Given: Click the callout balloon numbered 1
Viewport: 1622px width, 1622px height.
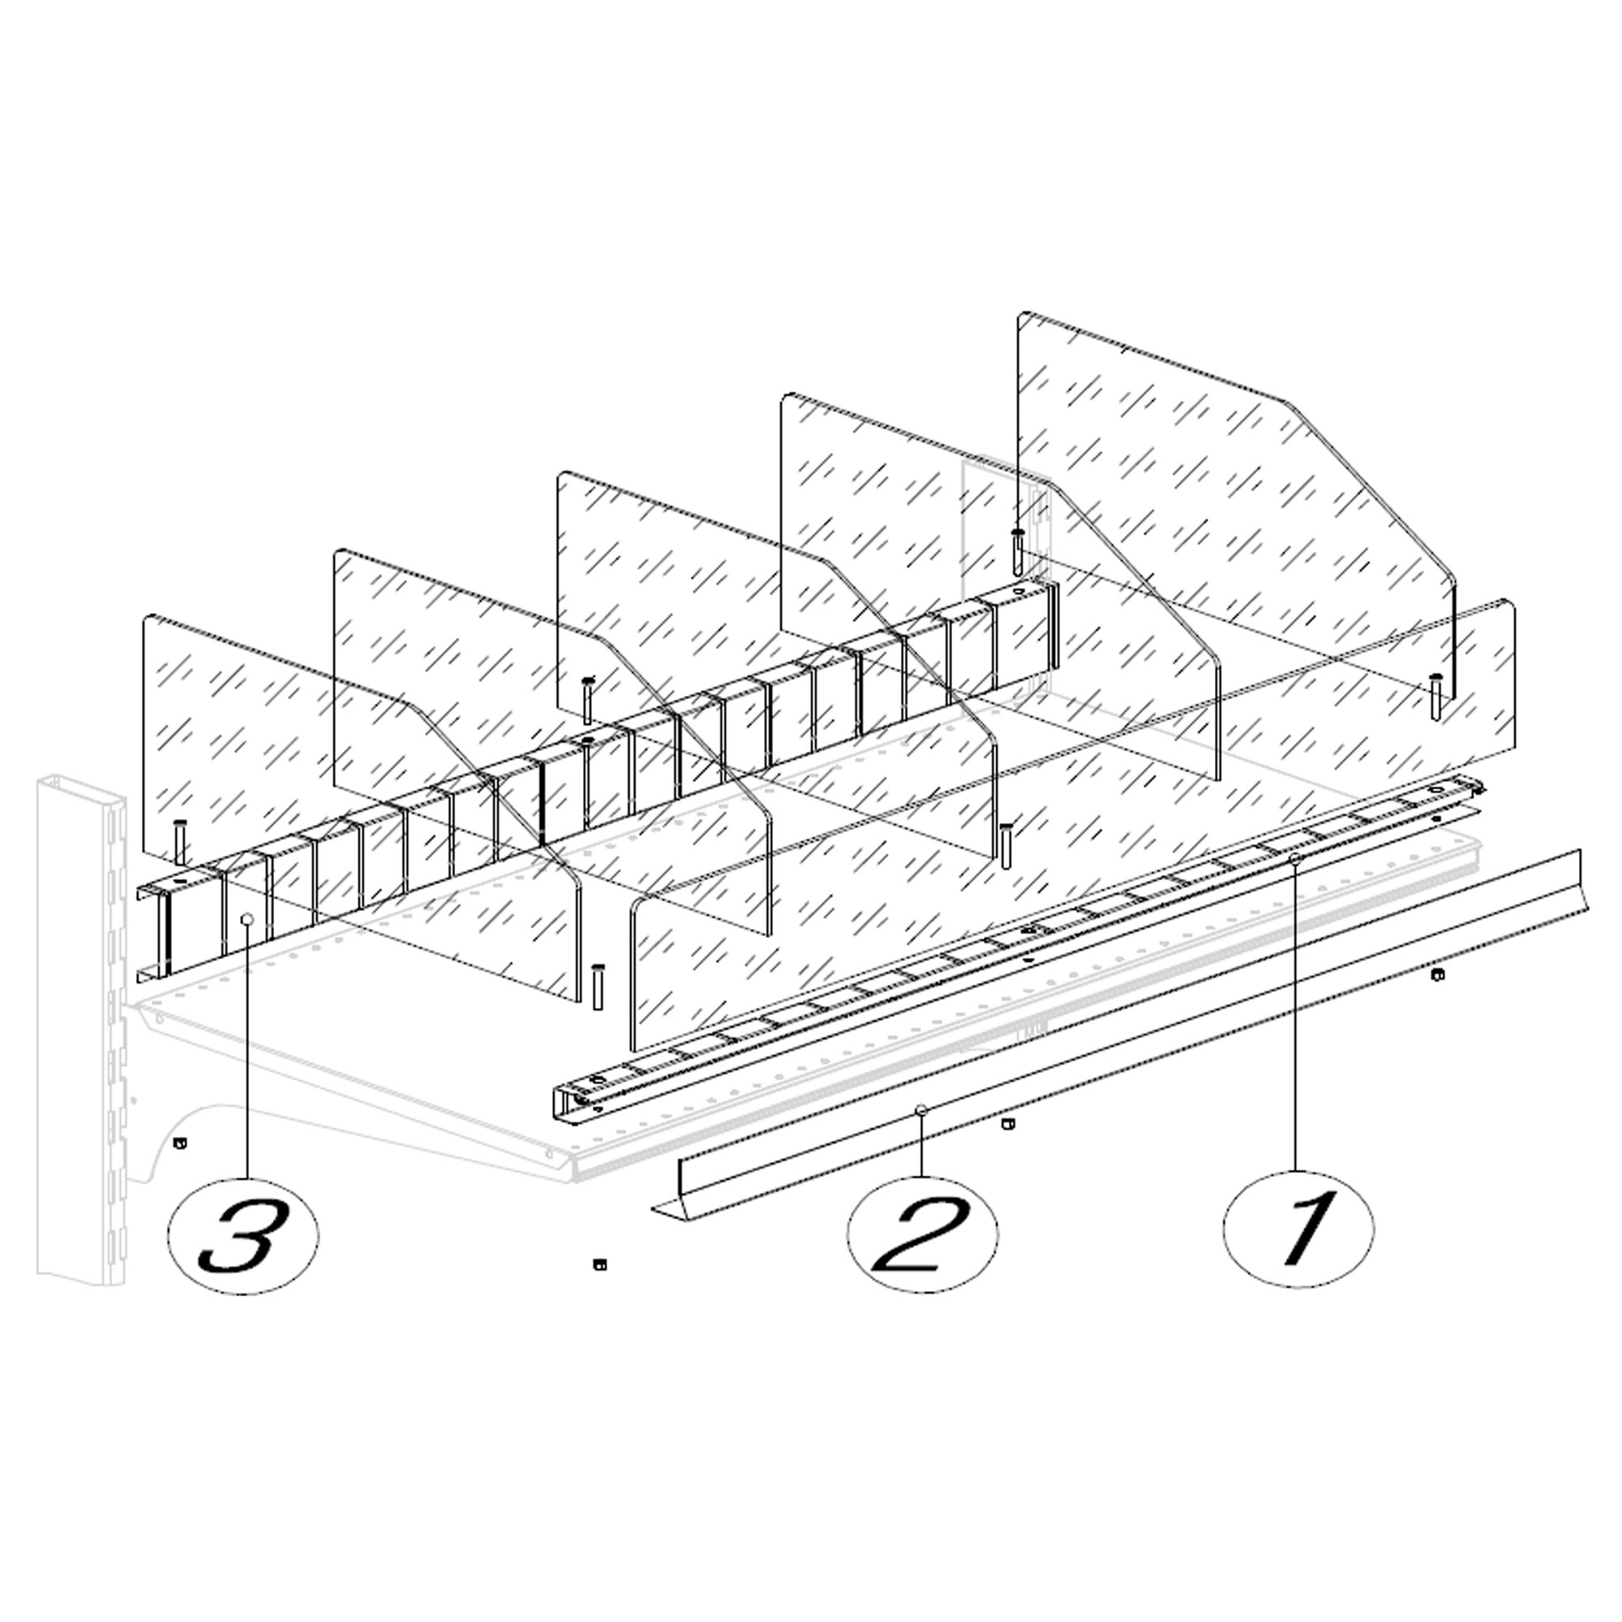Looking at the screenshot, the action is click(x=1298, y=1229).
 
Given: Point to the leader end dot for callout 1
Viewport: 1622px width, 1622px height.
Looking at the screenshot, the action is click(x=1295, y=858).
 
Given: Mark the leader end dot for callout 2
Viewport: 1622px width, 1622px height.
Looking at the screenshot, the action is click(x=921, y=1110).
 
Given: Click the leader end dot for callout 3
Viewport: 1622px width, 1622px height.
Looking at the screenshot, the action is click(x=247, y=920).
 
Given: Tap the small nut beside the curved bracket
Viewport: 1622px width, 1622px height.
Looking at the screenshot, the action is click(x=178, y=1143).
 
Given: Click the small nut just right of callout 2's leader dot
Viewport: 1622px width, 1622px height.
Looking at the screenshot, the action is click(x=1008, y=1125).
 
